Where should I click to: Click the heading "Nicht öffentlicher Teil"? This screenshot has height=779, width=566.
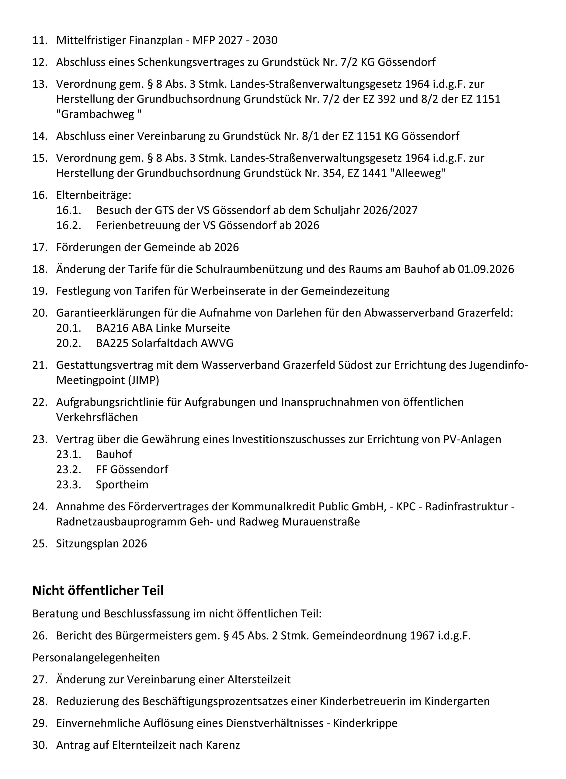(x=98, y=590)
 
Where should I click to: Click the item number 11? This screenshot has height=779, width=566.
(x=40, y=40)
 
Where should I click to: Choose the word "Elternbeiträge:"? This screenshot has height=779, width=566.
(x=94, y=195)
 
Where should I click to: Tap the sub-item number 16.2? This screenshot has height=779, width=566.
(x=69, y=225)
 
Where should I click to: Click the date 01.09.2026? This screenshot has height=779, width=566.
(x=486, y=269)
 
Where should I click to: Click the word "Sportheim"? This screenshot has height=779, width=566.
(x=122, y=485)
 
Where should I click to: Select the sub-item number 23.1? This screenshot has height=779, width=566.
(x=69, y=454)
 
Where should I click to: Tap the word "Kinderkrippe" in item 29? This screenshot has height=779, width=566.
(x=365, y=723)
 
